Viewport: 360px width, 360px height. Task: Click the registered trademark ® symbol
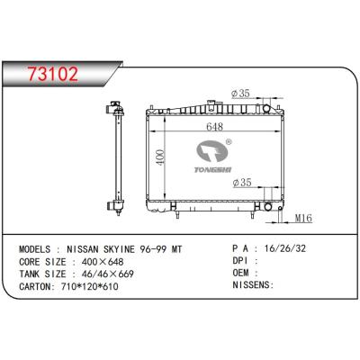pos(229,142)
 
